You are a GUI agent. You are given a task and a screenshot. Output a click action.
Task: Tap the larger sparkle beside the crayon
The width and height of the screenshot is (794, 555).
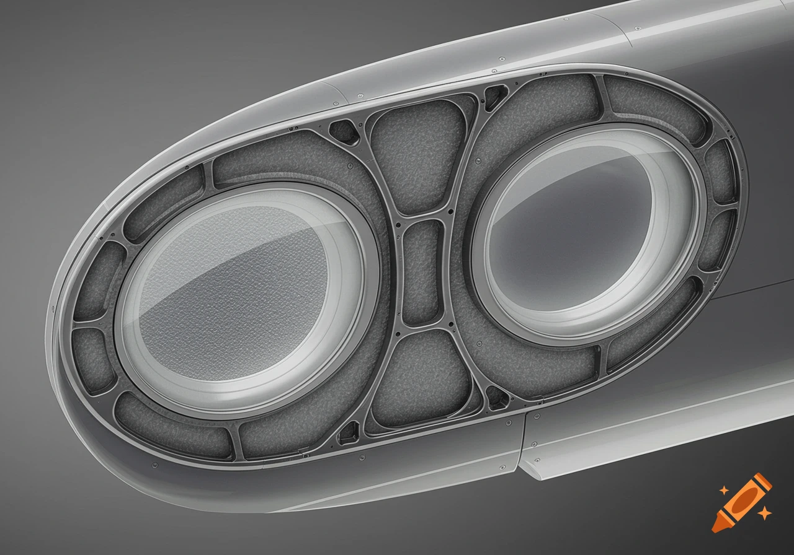(x=764, y=512)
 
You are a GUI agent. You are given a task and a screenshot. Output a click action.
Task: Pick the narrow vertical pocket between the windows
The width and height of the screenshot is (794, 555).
(x=421, y=273)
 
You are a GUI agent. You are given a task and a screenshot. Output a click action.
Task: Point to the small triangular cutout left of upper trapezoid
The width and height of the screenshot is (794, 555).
(x=343, y=131)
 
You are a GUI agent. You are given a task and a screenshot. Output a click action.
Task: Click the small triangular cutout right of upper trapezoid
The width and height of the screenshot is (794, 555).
(x=495, y=97)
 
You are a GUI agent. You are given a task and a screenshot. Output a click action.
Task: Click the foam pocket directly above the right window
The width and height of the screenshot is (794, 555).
(x=546, y=108)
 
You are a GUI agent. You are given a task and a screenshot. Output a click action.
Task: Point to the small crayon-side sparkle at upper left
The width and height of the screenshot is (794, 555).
(x=723, y=489)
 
